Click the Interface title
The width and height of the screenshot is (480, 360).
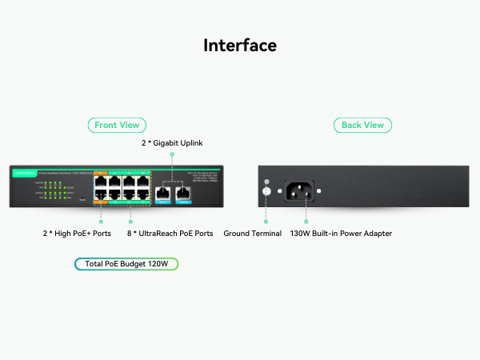coord(240,45)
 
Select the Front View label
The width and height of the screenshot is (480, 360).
coord(117,125)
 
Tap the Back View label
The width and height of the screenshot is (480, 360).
coord(362,125)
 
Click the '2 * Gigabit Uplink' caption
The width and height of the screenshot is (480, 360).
coord(172,142)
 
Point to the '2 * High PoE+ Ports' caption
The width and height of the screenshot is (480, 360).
coord(78,234)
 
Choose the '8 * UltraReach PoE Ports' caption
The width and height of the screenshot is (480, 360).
coord(170,234)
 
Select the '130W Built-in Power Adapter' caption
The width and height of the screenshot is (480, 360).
coord(341,234)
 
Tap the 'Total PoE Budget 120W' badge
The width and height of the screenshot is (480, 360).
coord(126,263)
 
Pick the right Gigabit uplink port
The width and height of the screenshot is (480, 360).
coord(183,192)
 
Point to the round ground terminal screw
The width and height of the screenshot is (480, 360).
coord(266,192)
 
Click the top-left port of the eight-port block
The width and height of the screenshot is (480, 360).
coord(101,182)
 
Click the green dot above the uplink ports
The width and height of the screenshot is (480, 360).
coord(172,154)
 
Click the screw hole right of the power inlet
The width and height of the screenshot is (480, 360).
coord(322,191)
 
